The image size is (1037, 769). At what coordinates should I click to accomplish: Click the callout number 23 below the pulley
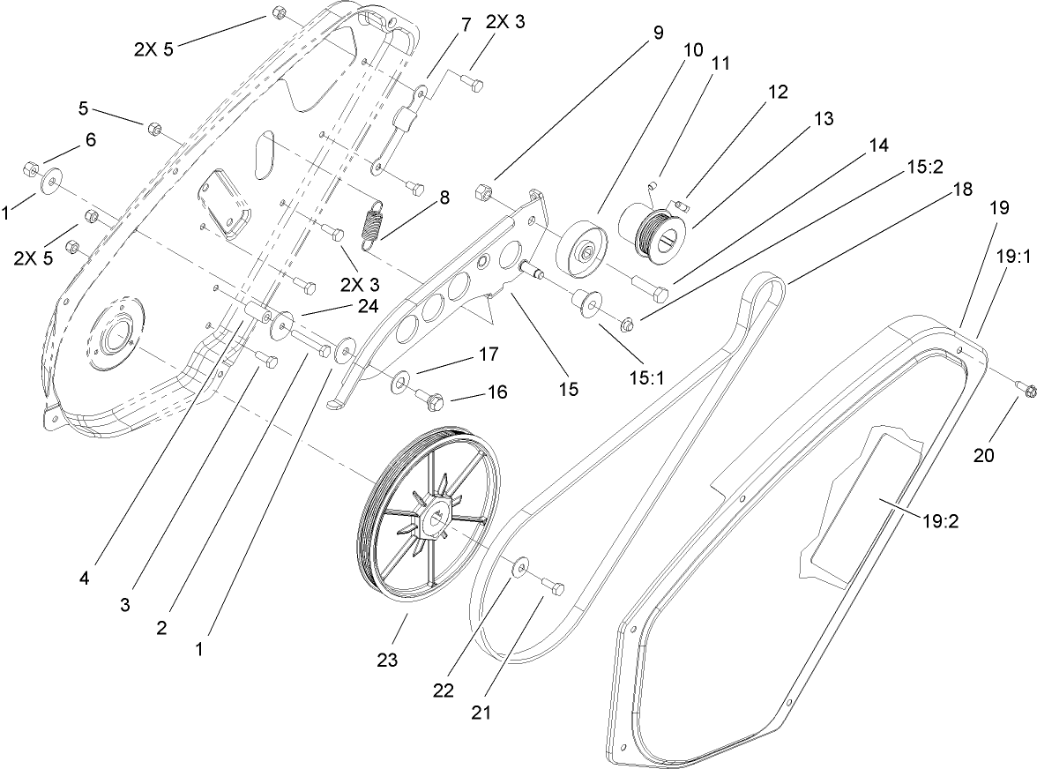coord(387,659)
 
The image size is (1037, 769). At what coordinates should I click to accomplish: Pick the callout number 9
coord(658,30)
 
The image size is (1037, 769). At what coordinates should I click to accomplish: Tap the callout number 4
coord(84,579)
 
